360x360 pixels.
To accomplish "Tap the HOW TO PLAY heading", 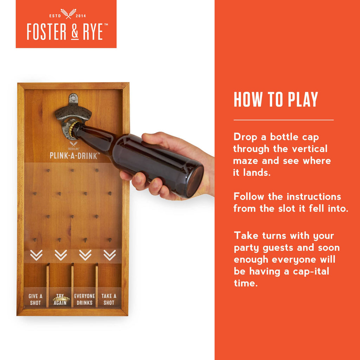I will click(276, 100).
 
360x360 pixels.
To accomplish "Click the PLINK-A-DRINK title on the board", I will click(73, 155).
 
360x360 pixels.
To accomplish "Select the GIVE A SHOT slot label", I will click(35, 300).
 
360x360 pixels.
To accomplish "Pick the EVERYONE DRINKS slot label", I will click(84, 300).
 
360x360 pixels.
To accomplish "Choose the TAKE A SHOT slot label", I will click(109, 300).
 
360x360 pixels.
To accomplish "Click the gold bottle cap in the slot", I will click(61, 299).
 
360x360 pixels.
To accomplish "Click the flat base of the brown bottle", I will click(195, 182).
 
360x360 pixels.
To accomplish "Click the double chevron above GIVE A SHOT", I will click(36, 255).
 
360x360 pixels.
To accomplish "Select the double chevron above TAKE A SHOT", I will click(110, 255).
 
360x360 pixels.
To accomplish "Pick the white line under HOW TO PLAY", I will click(283, 120).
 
